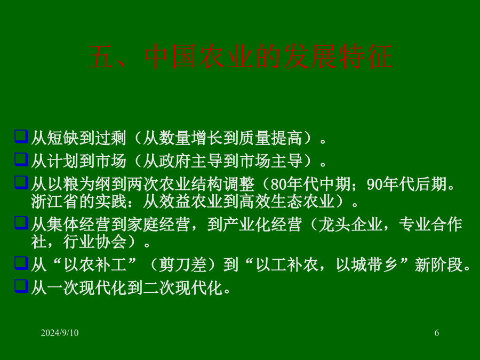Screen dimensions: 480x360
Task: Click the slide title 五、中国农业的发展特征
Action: [x=241, y=57]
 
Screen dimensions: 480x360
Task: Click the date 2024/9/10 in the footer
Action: [x=60, y=333]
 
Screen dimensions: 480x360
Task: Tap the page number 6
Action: [x=437, y=333]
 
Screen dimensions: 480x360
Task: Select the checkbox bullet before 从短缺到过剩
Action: [x=21, y=137]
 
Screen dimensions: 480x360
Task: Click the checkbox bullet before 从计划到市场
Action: [x=21, y=159]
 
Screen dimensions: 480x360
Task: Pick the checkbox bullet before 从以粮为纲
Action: [x=21, y=182]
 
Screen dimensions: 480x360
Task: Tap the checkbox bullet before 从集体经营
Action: [x=21, y=223]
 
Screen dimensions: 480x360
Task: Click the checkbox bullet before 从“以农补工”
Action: [x=21, y=263]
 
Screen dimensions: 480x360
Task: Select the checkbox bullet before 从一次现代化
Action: [x=21, y=286]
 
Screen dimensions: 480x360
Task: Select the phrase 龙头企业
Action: [x=350, y=225]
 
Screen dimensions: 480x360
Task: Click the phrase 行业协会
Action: [x=95, y=242]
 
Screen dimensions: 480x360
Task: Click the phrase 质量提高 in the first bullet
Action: [x=270, y=138]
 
